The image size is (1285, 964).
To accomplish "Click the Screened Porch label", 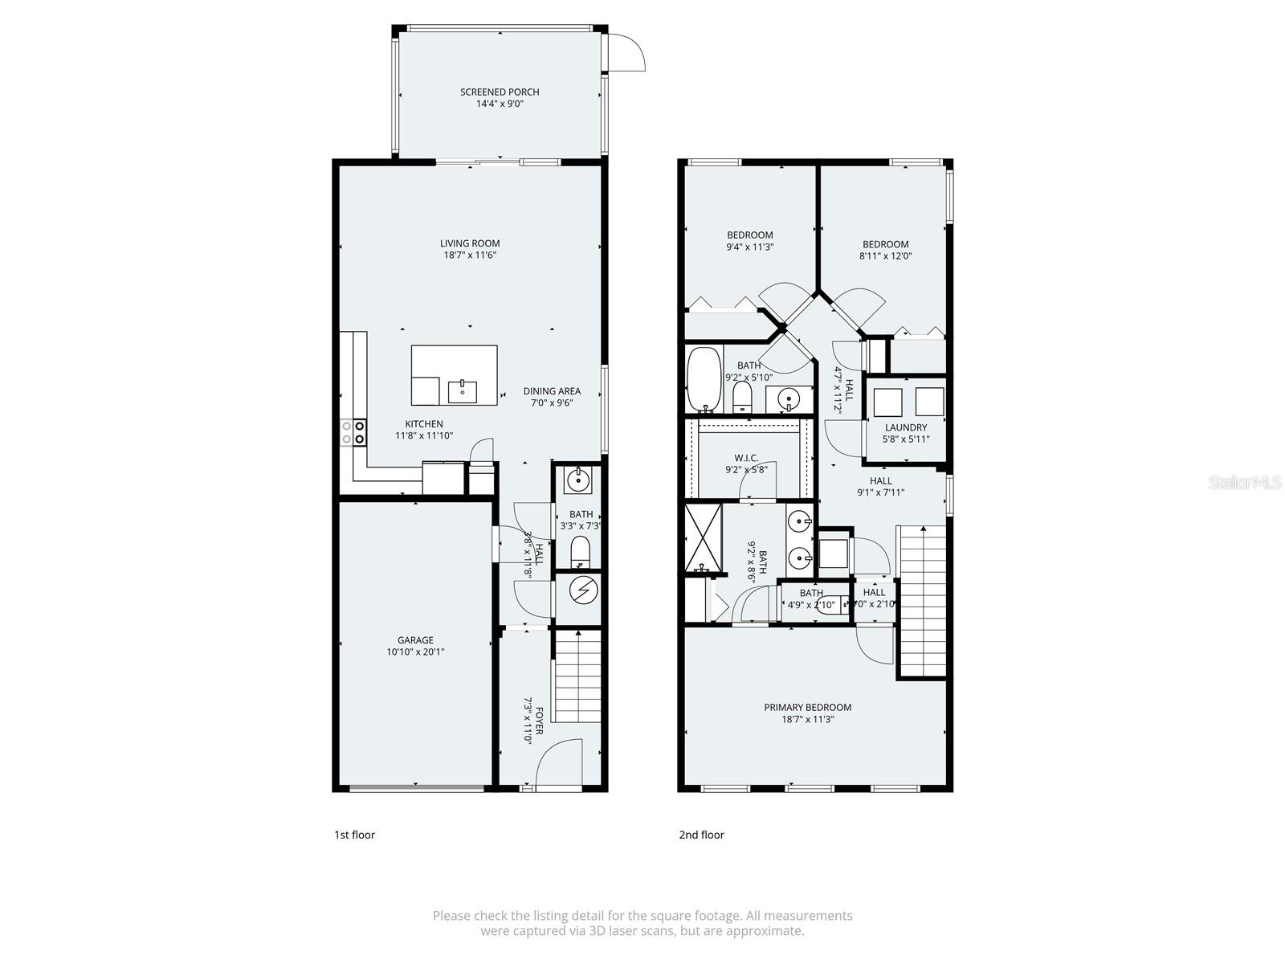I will (500, 92).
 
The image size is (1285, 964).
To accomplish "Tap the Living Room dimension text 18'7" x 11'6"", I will (470, 255).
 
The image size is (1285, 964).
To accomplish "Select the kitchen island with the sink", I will (454, 375).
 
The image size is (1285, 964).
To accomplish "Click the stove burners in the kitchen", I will (353, 433).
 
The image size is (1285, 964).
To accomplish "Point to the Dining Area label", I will (552, 391).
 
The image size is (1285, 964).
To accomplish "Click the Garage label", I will (415, 640).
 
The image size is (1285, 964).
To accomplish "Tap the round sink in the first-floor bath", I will (577, 480).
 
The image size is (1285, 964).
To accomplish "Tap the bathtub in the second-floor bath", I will (704, 379).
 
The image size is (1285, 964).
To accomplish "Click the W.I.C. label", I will (746, 458).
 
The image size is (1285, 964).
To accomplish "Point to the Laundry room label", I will (906, 427).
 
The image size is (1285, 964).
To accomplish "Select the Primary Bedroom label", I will (807, 707).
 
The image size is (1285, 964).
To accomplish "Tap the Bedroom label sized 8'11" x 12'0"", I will (885, 244).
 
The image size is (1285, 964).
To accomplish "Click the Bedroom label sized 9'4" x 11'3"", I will (749, 235).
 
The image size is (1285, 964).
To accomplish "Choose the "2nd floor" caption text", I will (701, 835).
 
